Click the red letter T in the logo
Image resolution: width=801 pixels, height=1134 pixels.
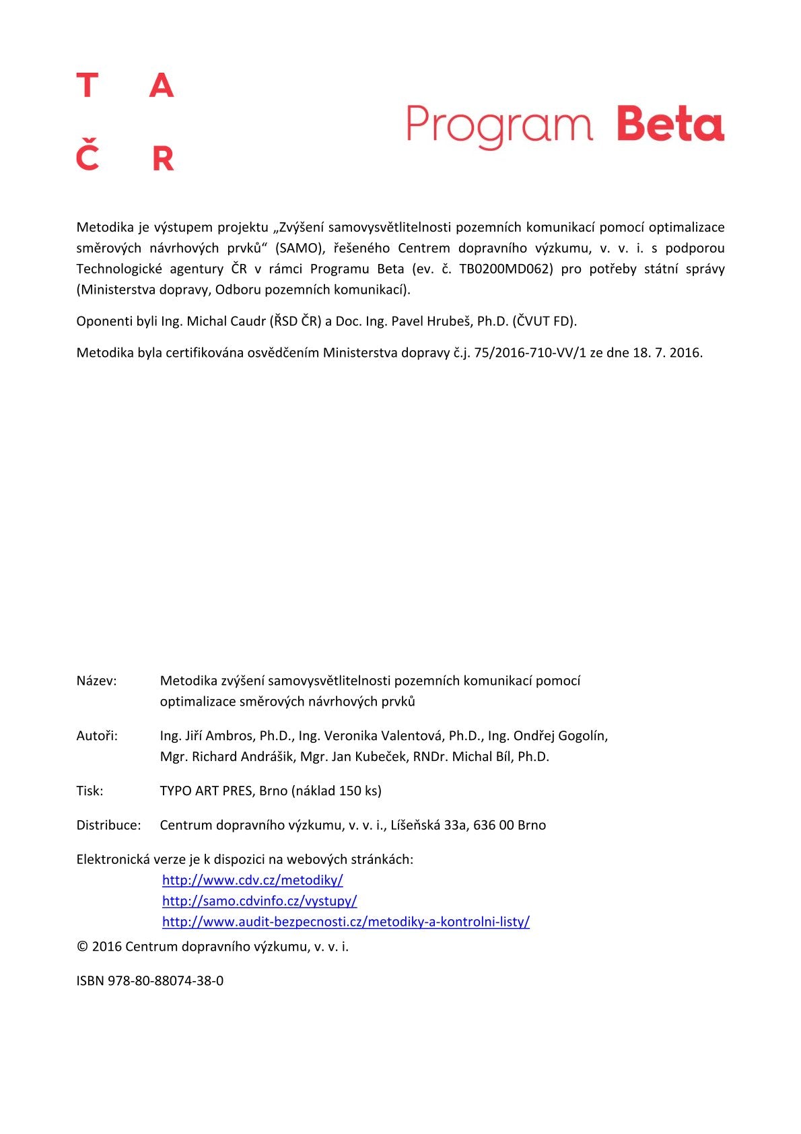pyautogui.click(x=88, y=86)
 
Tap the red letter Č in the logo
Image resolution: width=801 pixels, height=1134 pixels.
pyautogui.click(x=88, y=156)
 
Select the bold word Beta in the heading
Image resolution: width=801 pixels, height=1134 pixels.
pyautogui.click(x=670, y=124)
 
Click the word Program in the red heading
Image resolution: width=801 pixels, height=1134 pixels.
pyautogui.click(x=499, y=126)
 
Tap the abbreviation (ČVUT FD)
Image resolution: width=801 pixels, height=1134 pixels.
pyautogui.click(x=545, y=321)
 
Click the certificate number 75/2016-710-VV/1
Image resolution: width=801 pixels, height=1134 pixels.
pyautogui.click(x=530, y=353)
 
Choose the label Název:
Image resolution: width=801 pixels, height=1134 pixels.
pyautogui.click(x=96, y=681)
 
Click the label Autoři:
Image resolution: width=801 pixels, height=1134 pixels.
pyautogui.click(x=97, y=736)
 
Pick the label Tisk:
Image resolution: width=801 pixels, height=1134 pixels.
pyautogui.click(x=90, y=791)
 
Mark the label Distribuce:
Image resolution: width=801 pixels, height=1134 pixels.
pyautogui.click(x=108, y=826)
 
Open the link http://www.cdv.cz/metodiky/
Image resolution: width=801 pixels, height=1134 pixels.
pyautogui.click(x=252, y=880)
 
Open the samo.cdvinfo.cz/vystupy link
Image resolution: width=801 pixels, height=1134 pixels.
pyautogui.click(x=259, y=901)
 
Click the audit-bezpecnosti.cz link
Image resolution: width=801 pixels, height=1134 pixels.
pyautogui.click(x=345, y=922)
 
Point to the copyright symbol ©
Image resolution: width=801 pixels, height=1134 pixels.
pyautogui.click(x=82, y=947)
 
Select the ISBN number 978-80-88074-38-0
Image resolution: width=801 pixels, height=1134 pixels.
pyautogui.click(x=166, y=981)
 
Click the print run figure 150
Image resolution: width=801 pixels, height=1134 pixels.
pyautogui.click(x=350, y=791)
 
